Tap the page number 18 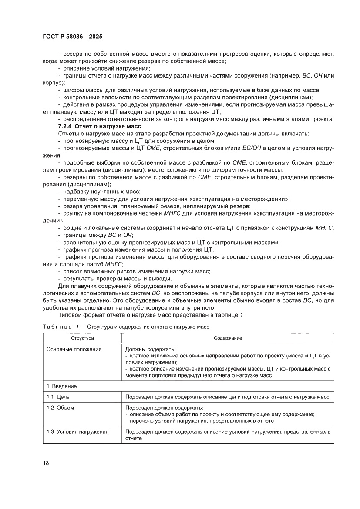46,462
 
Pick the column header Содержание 228,338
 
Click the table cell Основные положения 74,349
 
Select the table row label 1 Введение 61,386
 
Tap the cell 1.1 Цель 58,397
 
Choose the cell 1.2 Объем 61,408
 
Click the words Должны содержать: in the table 150,349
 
